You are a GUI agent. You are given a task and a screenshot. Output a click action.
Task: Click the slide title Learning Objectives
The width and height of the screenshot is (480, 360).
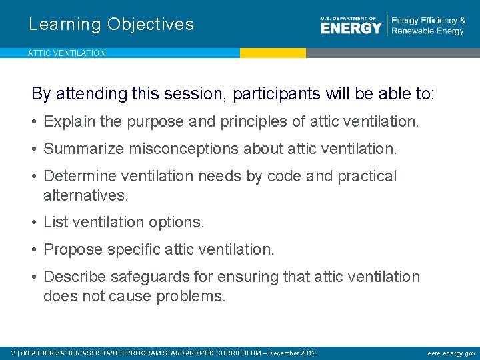click(x=111, y=25)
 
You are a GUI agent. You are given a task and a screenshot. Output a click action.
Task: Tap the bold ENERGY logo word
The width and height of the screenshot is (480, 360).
click(x=351, y=28)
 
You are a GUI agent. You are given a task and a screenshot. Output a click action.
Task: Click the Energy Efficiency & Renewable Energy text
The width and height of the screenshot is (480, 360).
click(x=427, y=26)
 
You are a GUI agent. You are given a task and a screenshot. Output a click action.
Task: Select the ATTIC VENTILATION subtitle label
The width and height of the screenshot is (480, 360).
click(x=67, y=53)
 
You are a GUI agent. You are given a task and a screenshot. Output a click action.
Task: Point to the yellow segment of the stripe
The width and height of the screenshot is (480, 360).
click(x=273, y=53)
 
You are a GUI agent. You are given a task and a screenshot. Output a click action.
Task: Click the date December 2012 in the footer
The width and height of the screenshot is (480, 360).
click(x=292, y=353)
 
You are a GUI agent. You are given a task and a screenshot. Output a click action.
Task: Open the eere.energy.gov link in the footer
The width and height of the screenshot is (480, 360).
click(x=452, y=353)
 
